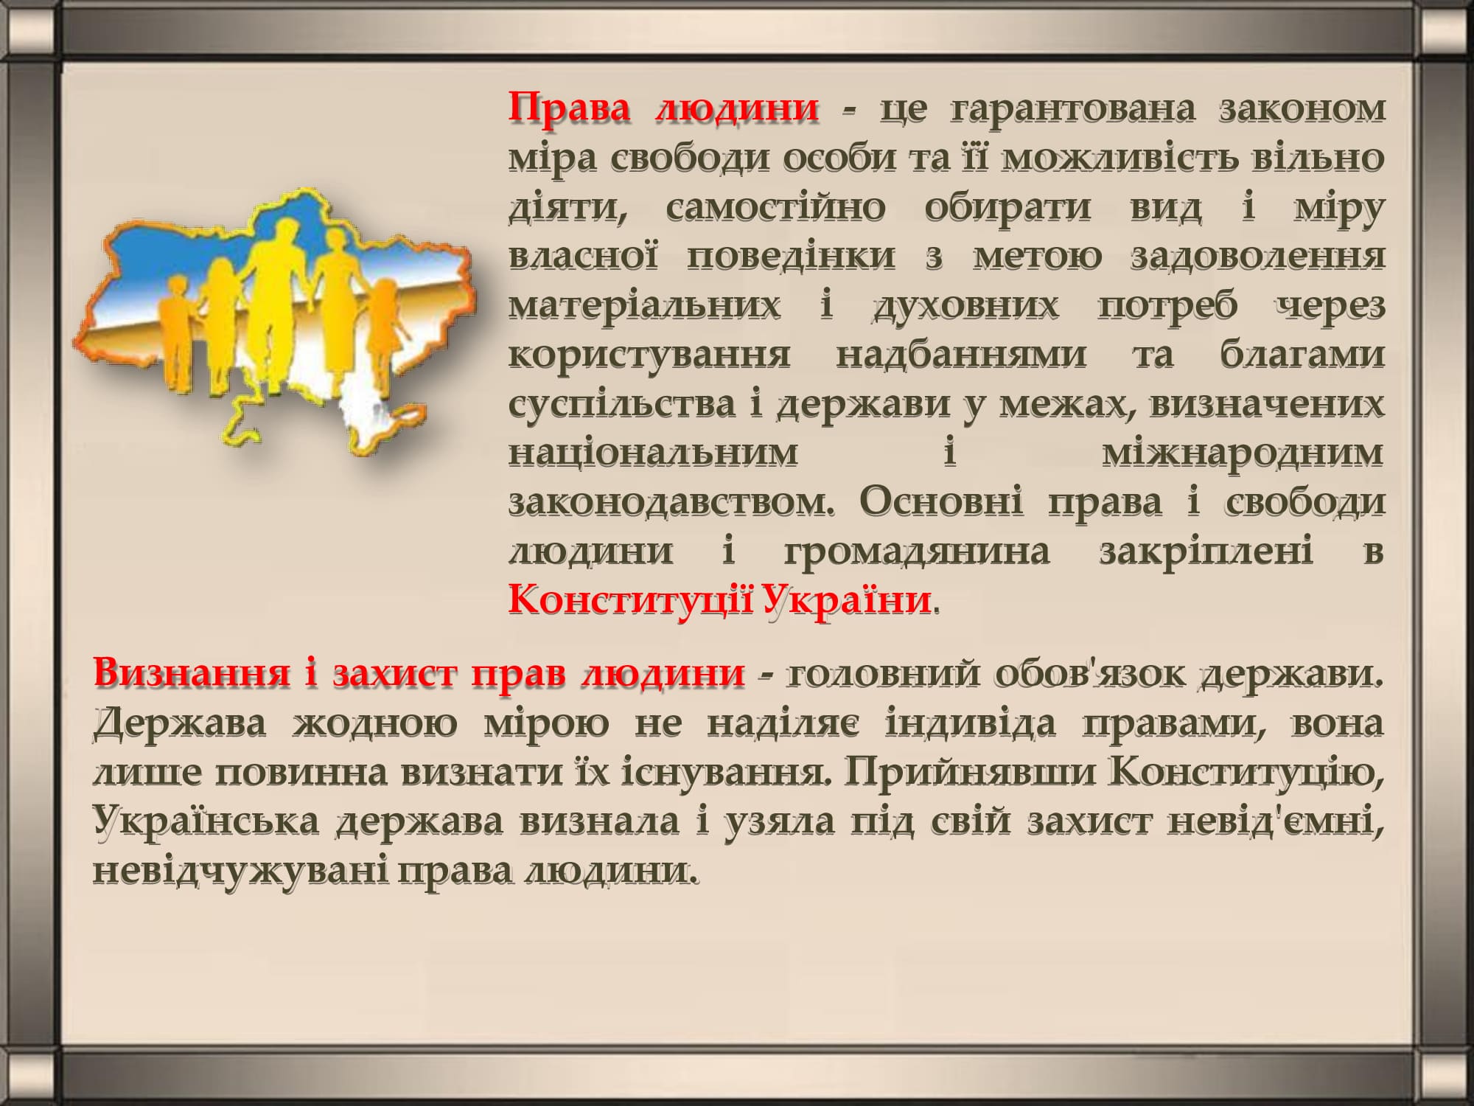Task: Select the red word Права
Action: tap(570, 108)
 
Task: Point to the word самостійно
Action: tap(775, 207)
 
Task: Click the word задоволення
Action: tap(1257, 257)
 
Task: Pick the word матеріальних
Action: tap(644, 305)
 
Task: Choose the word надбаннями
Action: tap(961, 355)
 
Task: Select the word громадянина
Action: tap(916, 552)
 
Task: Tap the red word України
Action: tap(847, 599)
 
